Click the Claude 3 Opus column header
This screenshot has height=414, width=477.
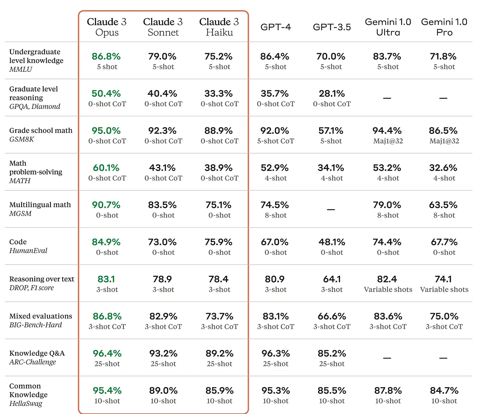click(107, 27)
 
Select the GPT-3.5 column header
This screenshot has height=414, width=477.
click(332, 27)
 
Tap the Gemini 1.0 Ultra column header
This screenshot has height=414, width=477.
click(388, 27)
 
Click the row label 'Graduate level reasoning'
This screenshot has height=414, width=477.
click(34, 93)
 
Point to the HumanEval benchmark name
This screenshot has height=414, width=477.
click(28, 251)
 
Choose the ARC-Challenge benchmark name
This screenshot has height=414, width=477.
click(32, 362)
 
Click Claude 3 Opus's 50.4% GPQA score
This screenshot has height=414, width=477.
click(106, 94)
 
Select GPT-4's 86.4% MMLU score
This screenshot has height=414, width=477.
click(275, 56)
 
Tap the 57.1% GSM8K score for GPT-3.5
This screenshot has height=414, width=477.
click(331, 131)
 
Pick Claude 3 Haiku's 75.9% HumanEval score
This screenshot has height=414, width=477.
click(219, 242)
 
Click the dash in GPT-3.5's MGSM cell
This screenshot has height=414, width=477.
click(331, 210)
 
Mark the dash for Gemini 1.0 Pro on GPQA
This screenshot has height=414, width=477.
click(443, 98)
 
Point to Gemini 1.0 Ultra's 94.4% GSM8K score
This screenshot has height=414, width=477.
click(387, 131)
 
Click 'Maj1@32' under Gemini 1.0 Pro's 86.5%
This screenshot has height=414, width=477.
click(444, 141)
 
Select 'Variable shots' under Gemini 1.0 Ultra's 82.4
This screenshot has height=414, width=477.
click(388, 290)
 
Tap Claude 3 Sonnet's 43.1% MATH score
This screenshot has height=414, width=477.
click(162, 168)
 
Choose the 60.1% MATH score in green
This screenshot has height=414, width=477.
click(106, 168)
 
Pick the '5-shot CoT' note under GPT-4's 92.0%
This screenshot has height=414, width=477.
click(276, 141)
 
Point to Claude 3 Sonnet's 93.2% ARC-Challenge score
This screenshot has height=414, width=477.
click(163, 353)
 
